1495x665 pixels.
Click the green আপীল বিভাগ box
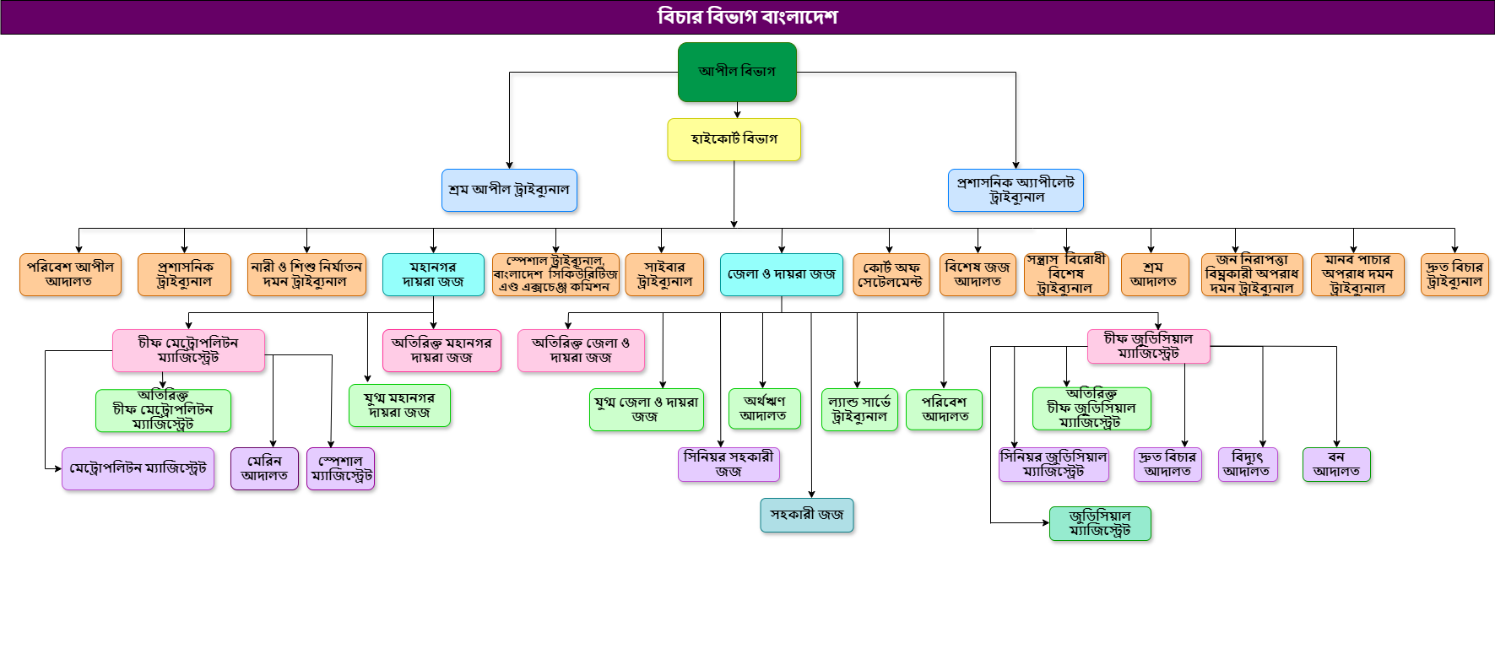pos(737,72)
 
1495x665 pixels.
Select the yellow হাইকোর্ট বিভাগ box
pos(734,139)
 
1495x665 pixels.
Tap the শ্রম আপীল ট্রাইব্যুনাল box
pos(509,190)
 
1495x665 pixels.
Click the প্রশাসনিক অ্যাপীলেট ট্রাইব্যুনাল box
pos(1016,190)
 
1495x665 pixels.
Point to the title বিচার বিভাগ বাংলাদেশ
pos(747,17)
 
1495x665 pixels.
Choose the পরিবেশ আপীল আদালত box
pos(70,274)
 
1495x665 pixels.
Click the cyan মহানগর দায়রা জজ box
pos(433,274)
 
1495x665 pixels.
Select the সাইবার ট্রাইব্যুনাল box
pos(665,274)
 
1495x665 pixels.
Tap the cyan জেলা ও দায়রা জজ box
pos(781,274)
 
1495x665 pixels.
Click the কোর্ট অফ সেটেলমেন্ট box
pos(891,274)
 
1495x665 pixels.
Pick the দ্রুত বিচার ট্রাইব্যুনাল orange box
pos(1454,274)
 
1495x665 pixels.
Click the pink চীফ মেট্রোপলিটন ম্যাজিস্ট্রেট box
pos(188,350)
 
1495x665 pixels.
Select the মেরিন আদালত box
pos(264,468)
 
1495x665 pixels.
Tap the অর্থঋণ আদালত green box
pos(764,408)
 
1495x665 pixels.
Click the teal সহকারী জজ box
pos(807,515)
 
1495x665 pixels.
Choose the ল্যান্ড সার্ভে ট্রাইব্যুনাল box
pos(859,409)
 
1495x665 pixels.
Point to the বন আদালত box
pos(1336,464)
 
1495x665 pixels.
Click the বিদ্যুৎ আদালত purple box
pos(1248,464)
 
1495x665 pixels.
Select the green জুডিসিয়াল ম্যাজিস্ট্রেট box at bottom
pos(1100,523)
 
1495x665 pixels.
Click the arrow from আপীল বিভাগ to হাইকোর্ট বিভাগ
pos(737,111)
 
